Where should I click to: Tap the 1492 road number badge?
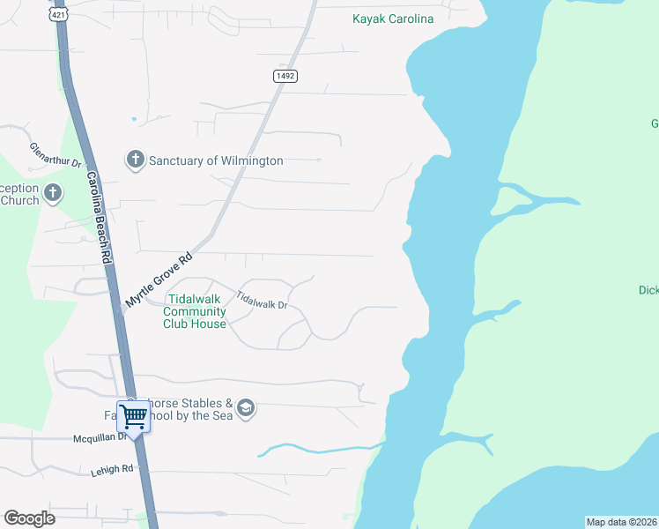coord(285,77)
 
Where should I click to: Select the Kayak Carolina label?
coord(393,19)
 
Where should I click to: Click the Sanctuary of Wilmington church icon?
coord(135,160)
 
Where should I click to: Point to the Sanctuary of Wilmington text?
coord(216,160)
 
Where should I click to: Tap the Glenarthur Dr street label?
coord(56,155)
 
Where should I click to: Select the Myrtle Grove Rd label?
coord(159,280)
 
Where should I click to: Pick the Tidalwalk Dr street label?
coord(263,301)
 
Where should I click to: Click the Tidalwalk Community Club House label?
coord(195,311)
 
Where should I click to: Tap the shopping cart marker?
coord(133,416)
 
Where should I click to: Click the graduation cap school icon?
coord(246,408)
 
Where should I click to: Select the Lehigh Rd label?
coord(111,471)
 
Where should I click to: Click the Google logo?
coord(29,518)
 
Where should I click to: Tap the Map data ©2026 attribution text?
coord(622,522)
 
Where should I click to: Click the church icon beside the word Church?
coord(53,192)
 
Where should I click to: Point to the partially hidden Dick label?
coord(648,289)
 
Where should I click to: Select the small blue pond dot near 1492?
coord(133,118)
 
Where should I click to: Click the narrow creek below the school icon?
coord(317,450)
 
